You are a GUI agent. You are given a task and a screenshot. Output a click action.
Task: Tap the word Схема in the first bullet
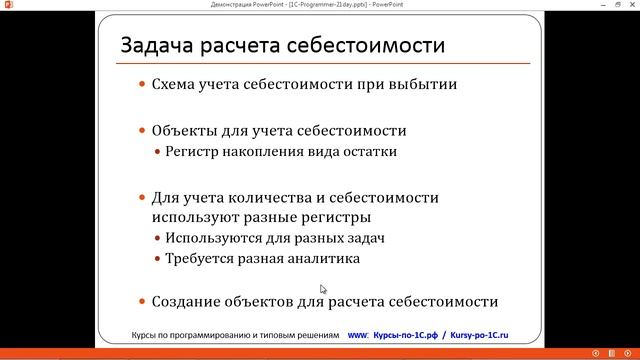coord(176,85)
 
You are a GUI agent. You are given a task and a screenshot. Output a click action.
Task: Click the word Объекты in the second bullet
coord(183,131)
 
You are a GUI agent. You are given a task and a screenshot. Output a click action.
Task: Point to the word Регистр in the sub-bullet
coord(197,152)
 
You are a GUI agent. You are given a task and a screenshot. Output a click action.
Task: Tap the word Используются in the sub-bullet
coord(217,238)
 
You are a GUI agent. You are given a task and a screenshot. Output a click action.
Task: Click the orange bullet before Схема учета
coord(142,85)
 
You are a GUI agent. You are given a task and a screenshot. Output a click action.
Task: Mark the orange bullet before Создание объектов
coord(142,301)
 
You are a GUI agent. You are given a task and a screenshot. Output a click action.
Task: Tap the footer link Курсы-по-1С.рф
coord(407,334)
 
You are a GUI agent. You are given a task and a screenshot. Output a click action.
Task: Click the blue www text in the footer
coord(357,334)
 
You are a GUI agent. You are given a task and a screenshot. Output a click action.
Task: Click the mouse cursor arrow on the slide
coord(323,289)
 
